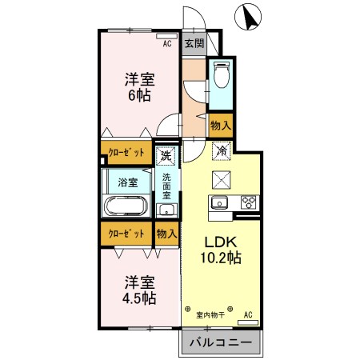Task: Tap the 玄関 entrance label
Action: point(193,43)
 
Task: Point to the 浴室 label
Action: point(128,182)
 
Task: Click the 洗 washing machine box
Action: point(166,154)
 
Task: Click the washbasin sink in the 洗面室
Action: point(166,210)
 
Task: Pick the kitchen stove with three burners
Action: point(247,202)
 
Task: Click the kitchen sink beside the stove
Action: point(220,202)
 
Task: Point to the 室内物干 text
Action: point(210,314)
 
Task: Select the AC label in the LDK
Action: point(248,314)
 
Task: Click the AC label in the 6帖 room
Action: point(167,45)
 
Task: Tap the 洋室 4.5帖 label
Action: point(138,291)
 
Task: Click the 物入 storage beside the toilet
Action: point(220,125)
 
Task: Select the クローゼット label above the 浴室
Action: point(126,153)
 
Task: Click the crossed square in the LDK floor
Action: point(221,179)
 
